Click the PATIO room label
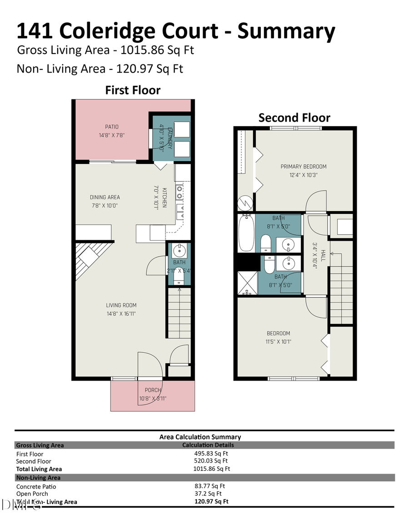click(112, 127)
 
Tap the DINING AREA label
click(105, 197)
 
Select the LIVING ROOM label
click(121, 305)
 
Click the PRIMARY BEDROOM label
click(303, 166)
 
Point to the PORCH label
click(153, 390)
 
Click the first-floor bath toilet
click(180, 276)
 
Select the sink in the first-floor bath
click(180, 249)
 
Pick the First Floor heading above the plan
click(133, 90)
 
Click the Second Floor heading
click(294, 118)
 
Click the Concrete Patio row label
click(36, 486)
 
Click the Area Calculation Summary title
click(200, 437)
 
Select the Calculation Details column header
click(208, 445)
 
